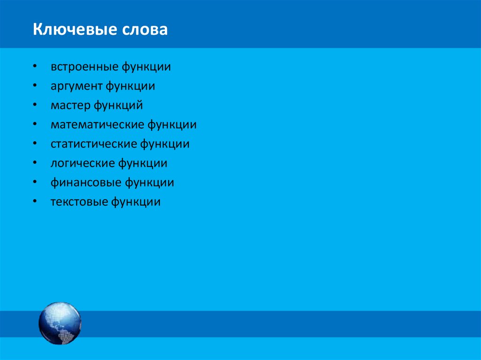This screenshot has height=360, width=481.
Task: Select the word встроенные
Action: click(x=85, y=67)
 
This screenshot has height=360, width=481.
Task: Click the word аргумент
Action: click(x=76, y=86)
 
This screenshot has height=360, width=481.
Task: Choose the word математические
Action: click(x=97, y=125)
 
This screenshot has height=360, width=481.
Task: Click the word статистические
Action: click(x=93, y=144)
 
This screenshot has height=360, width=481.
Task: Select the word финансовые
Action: click(x=86, y=183)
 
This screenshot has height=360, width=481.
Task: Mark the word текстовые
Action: click(x=79, y=202)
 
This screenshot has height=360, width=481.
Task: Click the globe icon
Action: click(x=60, y=323)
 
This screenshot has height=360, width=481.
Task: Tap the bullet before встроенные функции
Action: click(x=36, y=67)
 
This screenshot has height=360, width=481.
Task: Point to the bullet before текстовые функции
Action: click(x=36, y=202)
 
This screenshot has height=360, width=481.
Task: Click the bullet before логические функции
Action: click(x=36, y=163)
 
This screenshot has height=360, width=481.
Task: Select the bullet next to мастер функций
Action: click(x=36, y=106)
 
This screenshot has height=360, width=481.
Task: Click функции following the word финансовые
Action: click(x=149, y=183)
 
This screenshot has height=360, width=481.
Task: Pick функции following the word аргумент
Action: click(x=130, y=86)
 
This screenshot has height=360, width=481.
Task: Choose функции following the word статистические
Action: click(x=164, y=144)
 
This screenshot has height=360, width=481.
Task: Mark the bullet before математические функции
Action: click(x=36, y=125)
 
